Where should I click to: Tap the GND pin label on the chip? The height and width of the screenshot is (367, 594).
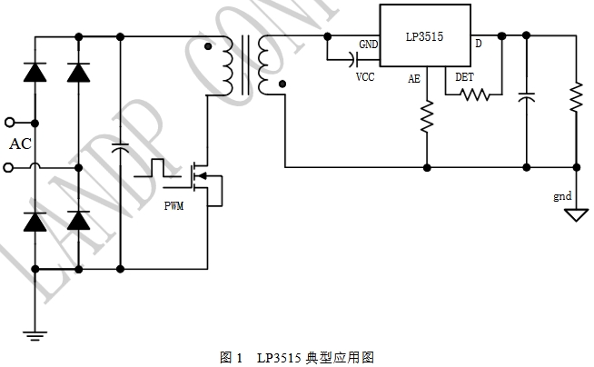369,45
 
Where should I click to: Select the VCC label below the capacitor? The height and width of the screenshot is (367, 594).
364,77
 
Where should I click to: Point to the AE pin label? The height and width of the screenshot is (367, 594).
414,79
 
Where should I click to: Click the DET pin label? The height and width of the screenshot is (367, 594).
464,78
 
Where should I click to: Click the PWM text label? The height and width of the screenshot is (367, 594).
173,206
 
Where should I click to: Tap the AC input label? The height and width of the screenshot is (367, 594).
20,144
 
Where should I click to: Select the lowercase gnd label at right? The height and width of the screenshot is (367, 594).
563,196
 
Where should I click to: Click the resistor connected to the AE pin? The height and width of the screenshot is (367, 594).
426,116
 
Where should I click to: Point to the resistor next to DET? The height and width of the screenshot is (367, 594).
474,93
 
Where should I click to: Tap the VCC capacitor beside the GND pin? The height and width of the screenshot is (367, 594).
351,59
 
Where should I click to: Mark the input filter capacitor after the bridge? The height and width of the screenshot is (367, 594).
119,145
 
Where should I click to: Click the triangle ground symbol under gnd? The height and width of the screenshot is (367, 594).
575,215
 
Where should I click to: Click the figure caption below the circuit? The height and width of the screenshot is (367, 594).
297,357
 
